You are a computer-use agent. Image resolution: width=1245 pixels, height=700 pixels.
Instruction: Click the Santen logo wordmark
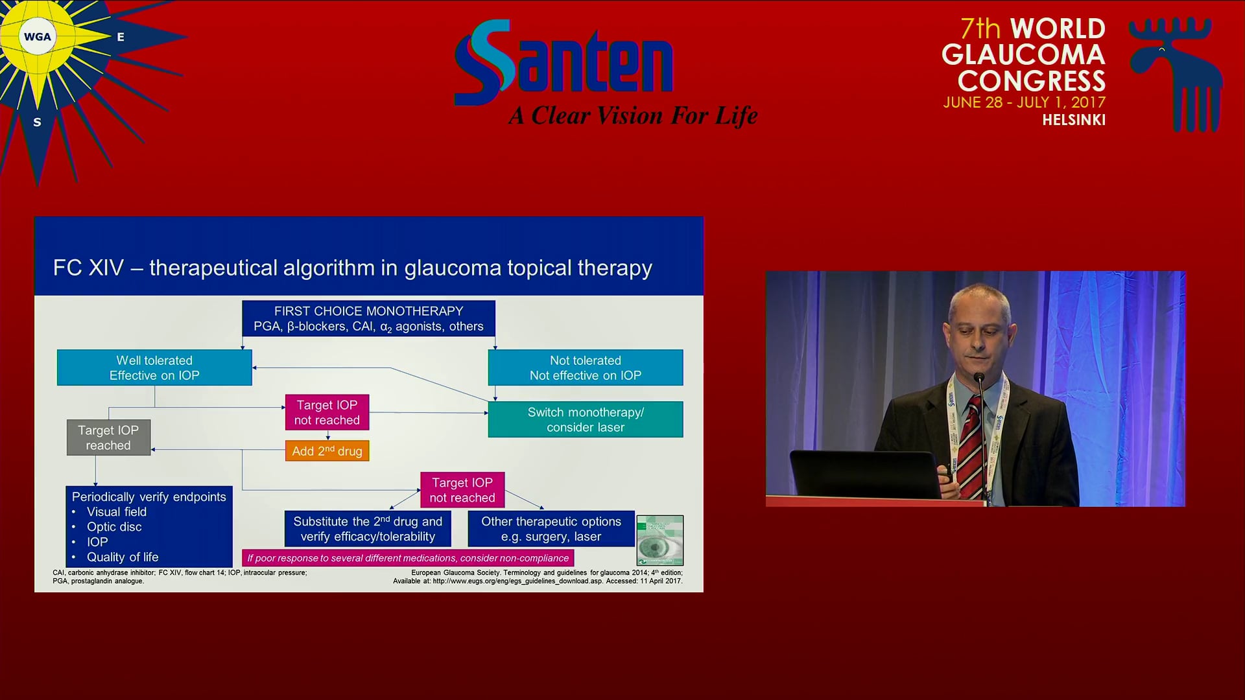click(564, 62)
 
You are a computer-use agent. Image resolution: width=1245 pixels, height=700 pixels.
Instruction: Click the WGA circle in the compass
click(37, 37)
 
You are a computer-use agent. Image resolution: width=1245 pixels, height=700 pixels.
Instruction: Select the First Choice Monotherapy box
click(368, 318)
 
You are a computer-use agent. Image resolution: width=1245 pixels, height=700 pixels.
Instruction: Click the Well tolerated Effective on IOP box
click(154, 367)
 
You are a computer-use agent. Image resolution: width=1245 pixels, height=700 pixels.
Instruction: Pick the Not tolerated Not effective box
click(586, 367)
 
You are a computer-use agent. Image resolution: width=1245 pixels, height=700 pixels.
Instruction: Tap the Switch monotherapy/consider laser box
click(586, 419)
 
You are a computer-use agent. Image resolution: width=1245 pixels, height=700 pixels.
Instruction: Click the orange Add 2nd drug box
click(327, 451)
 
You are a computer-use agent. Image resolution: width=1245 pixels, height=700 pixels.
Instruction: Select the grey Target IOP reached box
click(108, 437)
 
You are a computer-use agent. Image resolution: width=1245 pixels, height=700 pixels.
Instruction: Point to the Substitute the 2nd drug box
click(368, 528)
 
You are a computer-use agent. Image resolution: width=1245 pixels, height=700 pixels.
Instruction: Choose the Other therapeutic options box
click(551, 528)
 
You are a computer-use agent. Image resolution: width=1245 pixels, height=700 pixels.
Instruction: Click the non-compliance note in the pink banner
click(408, 558)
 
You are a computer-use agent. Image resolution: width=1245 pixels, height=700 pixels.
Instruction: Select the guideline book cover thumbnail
click(660, 541)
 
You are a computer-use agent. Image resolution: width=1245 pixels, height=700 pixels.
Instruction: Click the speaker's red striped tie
click(971, 447)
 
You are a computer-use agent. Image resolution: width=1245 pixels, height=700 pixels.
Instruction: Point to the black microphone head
click(979, 377)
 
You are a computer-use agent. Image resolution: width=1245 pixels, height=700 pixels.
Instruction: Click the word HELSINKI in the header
click(1074, 120)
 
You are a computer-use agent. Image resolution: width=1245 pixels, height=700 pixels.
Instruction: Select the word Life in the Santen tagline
click(736, 115)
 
